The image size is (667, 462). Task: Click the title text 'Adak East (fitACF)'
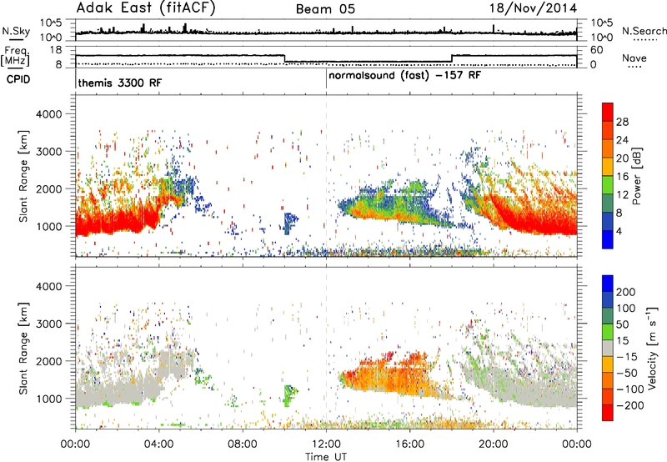coord(145,8)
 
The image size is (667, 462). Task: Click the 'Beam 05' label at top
coord(325,9)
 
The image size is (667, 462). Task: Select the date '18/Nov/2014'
coord(533,8)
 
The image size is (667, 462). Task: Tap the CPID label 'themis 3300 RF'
coord(120,83)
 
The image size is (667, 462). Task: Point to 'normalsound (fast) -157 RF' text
coord(405,76)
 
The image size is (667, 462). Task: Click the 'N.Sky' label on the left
coord(16,31)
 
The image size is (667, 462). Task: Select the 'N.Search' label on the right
coord(644,31)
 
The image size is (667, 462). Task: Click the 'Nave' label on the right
coord(634,58)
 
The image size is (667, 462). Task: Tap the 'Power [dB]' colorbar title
coord(637,176)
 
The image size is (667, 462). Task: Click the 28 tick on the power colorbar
coord(622,122)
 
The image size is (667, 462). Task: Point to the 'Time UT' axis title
coord(326,457)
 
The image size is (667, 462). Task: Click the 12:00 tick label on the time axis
coord(326,444)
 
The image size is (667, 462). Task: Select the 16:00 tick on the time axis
coord(409,444)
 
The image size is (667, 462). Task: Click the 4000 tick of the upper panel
coord(49,114)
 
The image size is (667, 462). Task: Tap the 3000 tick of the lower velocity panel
coord(49,324)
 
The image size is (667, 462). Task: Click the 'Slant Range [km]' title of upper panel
coord(23,176)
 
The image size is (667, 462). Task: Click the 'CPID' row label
coord(18,79)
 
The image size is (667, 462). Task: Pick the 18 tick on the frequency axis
coord(56,50)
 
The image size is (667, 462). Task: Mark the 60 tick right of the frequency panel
coord(596,50)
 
